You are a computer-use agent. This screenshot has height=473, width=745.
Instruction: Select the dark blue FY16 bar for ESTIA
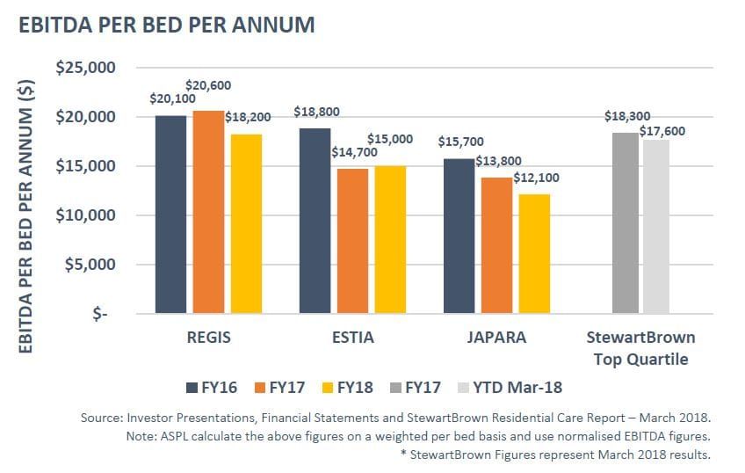point(314,221)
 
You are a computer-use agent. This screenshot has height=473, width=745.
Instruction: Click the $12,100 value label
point(535,178)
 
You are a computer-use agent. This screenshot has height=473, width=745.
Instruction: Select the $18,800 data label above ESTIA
point(317,112)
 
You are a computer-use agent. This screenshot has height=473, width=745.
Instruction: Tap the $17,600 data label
point(662,131)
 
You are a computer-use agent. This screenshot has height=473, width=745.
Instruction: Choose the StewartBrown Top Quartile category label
point(640,348)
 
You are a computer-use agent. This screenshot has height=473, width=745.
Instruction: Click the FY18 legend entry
point(348,386)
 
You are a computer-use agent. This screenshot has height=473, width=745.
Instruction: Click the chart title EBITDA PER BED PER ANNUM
point(166,24)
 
